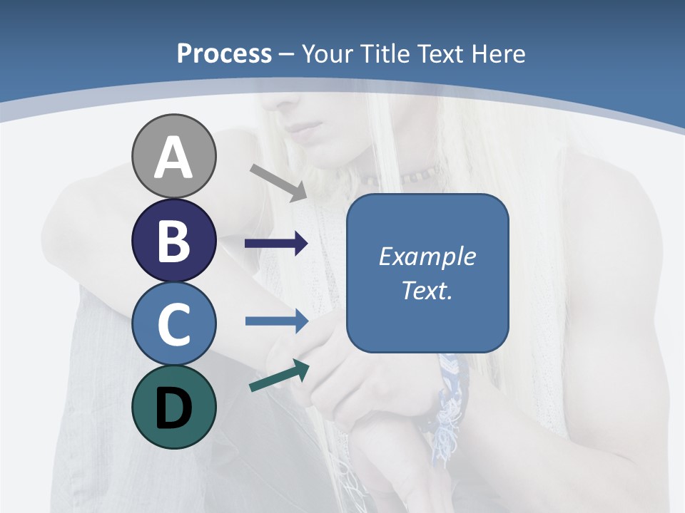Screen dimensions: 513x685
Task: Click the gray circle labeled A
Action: click(173, 156)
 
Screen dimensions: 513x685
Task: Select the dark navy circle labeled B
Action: click(173, 240)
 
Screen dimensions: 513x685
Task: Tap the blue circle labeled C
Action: click(173, 323)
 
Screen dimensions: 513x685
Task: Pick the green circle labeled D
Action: click(173, 407)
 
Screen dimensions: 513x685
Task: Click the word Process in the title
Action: click(224, 53)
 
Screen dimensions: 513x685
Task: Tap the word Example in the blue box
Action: click(427, 256)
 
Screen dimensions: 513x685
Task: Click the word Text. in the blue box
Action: click(427, 291)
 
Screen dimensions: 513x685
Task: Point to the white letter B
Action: click(173, 240)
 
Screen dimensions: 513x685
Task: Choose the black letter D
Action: click(173, 408)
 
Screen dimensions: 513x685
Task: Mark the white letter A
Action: click(173, 157)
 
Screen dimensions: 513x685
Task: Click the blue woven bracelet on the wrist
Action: click(450, 392)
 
